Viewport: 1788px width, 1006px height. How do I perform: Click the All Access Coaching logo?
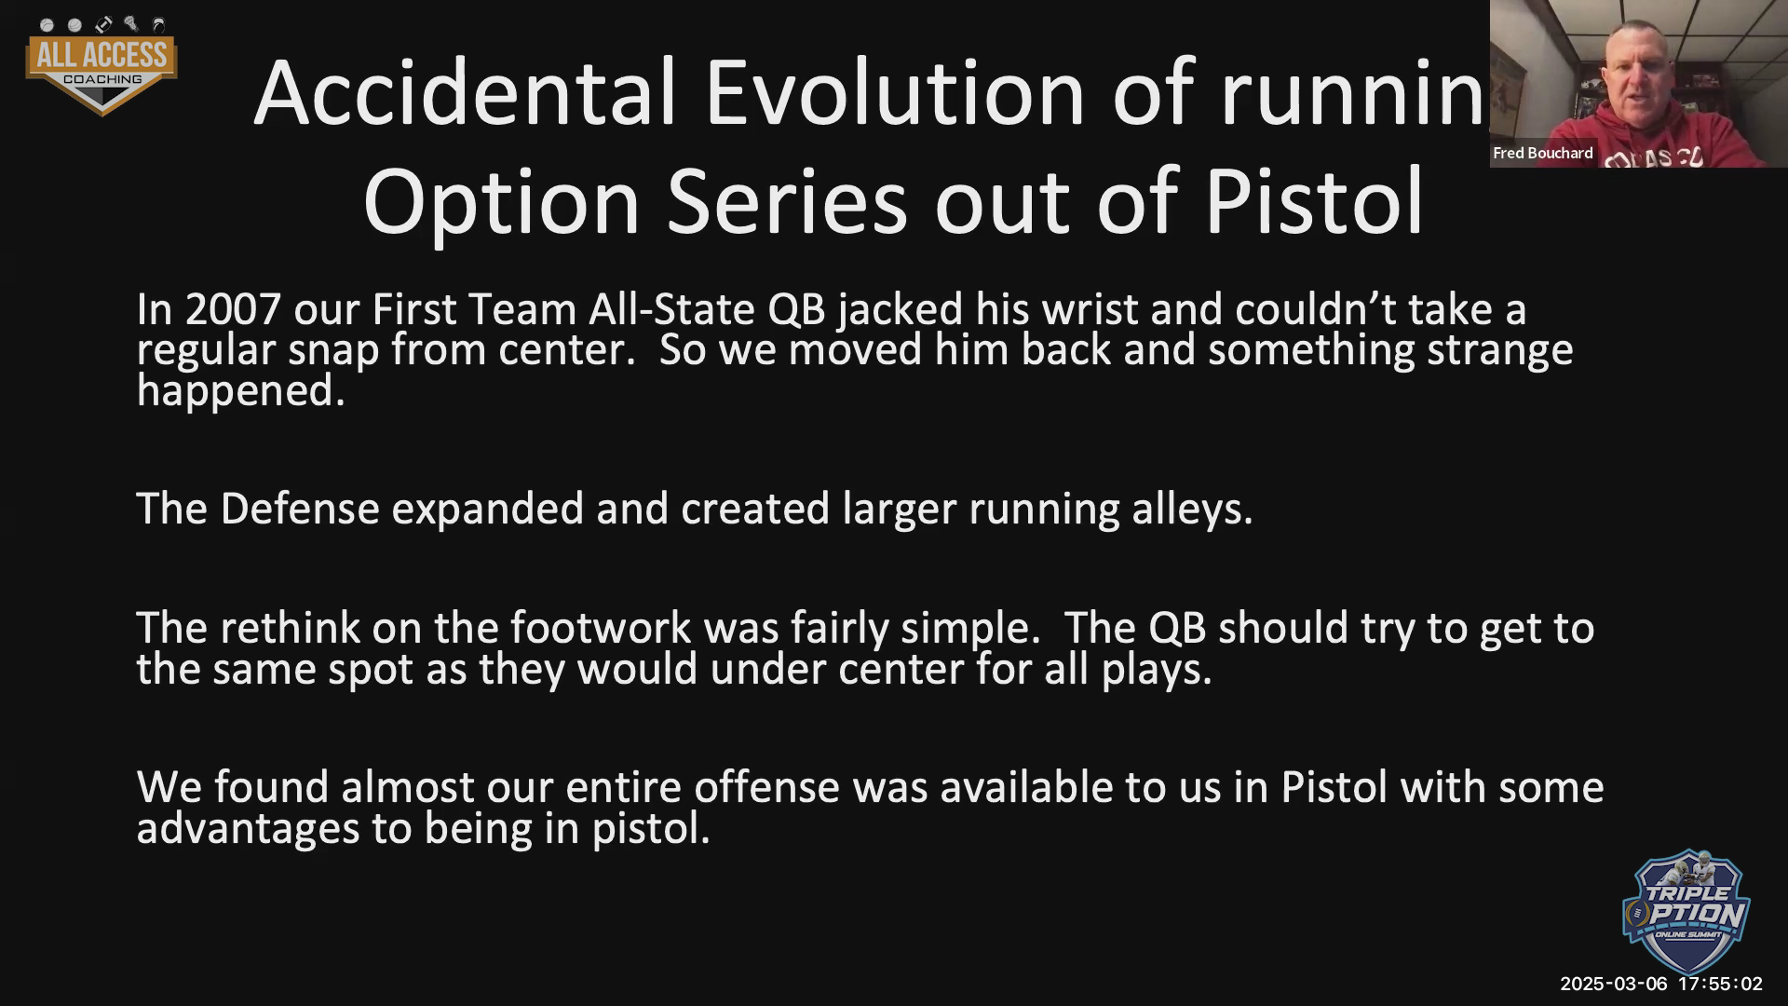point(102,66)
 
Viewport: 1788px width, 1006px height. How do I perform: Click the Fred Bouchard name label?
point(1543,153)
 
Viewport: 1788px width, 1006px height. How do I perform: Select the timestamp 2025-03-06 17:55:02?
point(1661,984)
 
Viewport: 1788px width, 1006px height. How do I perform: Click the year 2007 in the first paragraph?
point(233,309)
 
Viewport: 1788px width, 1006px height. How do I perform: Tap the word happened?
point(241,390)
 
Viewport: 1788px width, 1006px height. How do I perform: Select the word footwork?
point(601,628)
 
